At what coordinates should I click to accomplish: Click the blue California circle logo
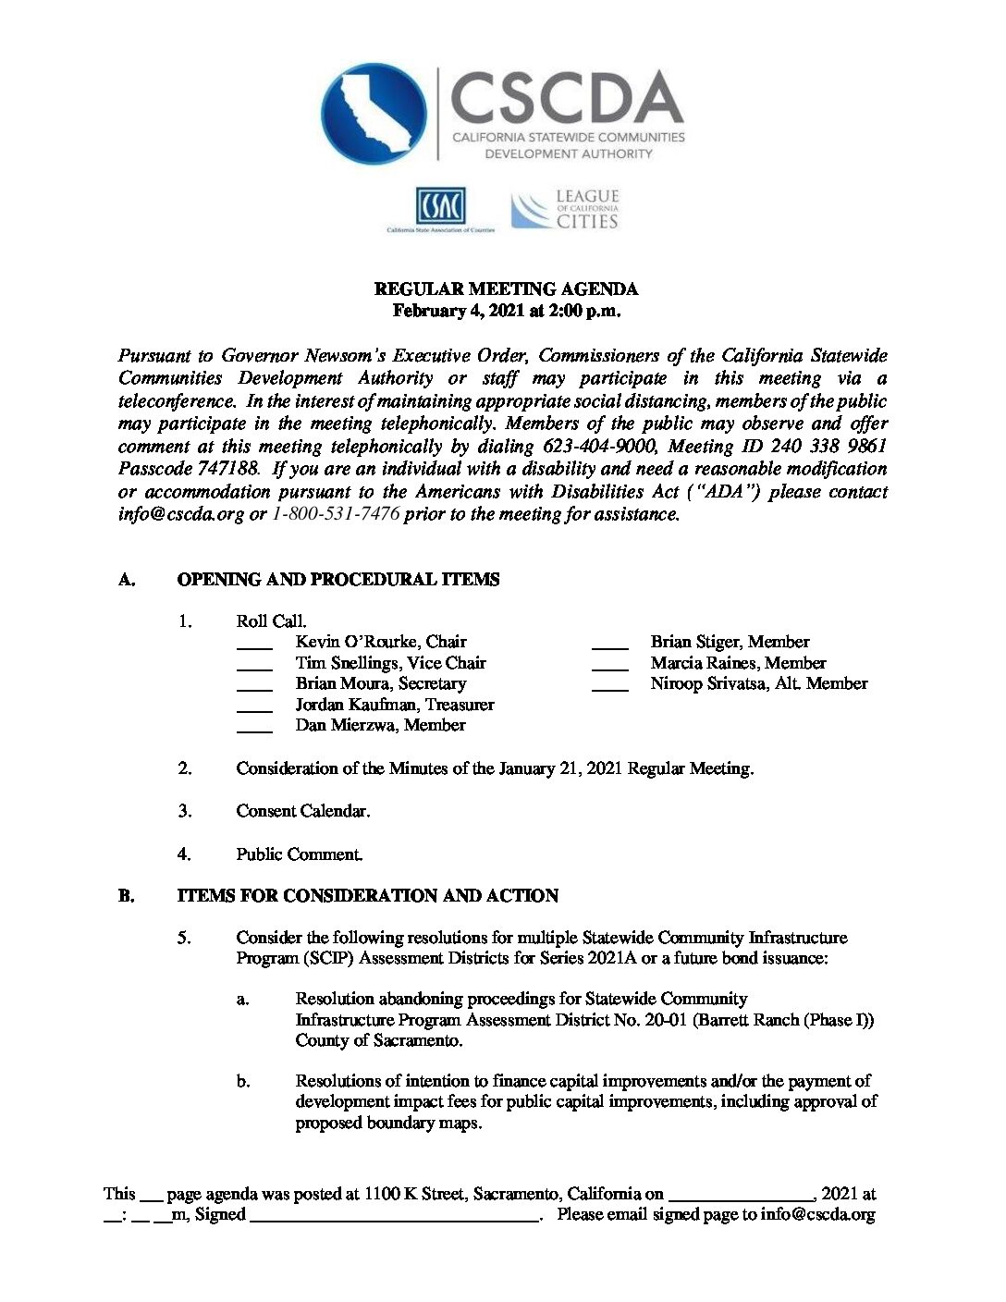(x=374, y=115)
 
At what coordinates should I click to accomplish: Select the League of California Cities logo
(x=565, y=210)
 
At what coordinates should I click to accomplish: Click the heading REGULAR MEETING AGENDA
(x=506, y=289)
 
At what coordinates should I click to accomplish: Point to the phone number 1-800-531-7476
(x=337, y=514)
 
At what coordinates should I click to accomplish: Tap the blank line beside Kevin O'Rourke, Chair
(x=254, y=645)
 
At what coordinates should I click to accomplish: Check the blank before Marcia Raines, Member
(x=609, y=666)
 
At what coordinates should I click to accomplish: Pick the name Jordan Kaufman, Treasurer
(x=395, y=705)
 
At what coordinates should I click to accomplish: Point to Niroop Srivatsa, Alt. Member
(x=759, y=683)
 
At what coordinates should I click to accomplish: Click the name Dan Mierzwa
(x=346, y=725)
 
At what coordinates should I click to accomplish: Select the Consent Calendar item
(x=302, y=811)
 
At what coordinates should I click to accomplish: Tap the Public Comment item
(x=299, y=854)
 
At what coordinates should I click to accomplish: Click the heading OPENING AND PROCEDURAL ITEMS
(x=337, y=580)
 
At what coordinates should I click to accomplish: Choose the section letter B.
(x=126, y=896)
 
